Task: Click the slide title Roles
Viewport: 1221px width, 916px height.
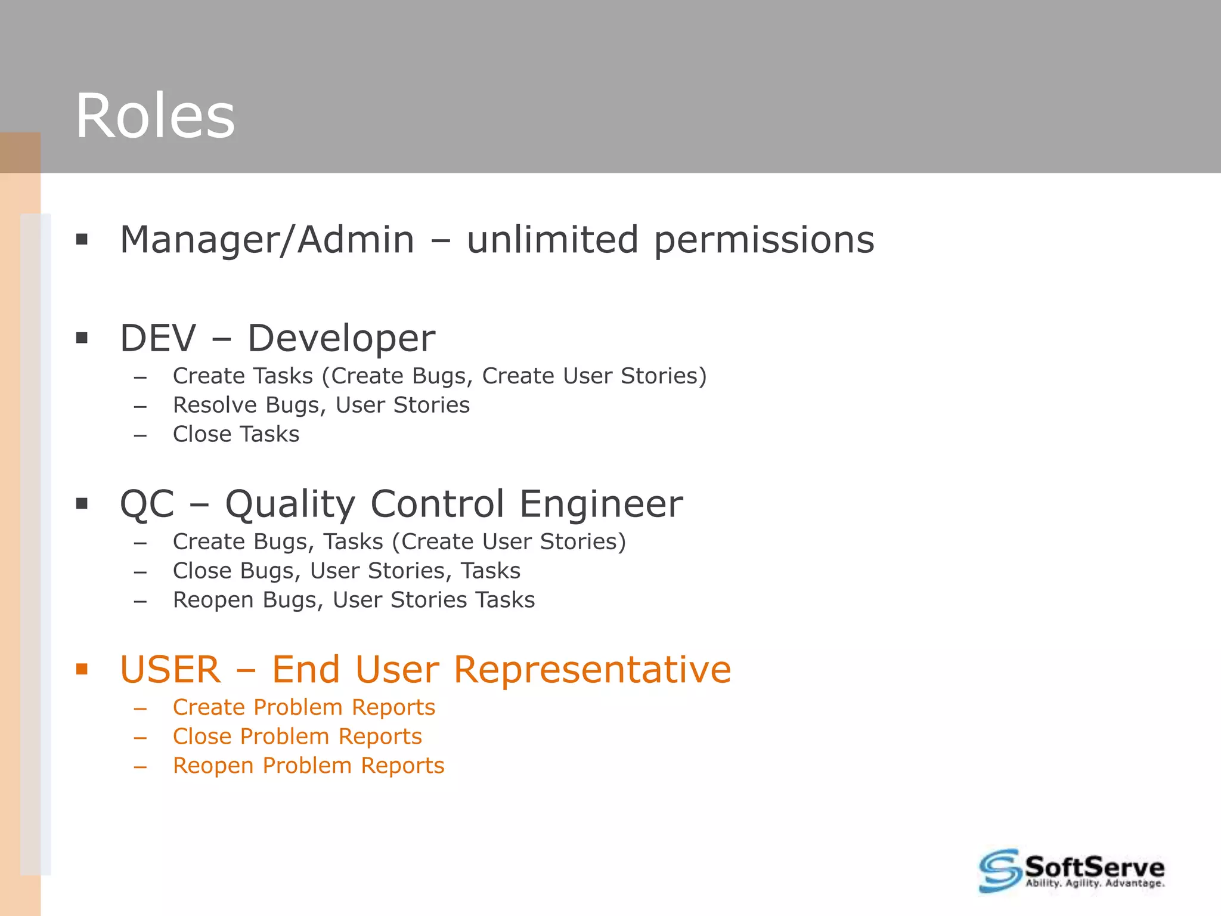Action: [x=155, y=116]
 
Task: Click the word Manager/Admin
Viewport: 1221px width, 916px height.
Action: [x=267, y=240]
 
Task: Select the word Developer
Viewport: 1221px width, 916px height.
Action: [x=341, y=339]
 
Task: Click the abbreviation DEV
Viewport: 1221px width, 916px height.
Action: [x=158, y=338]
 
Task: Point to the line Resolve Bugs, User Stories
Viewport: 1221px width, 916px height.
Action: [x=321, y=406]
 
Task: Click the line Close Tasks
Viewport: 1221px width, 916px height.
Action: [x=236, y=434]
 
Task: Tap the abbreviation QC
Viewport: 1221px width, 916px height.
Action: [x=147, y=504]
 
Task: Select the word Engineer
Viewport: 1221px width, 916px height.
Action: [x=601, y=505]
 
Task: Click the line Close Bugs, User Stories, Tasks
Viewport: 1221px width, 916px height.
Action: [x=346, y=571]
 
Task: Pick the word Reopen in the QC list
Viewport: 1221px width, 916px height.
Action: [x=213, y=600]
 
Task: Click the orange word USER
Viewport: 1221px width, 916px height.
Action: [x=170, y=670]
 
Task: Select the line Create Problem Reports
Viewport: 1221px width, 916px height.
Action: [x=304, y=707]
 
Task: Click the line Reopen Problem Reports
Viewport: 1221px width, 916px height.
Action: [x=308, y=766]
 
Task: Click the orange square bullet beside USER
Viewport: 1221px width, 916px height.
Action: [x=82, y=669]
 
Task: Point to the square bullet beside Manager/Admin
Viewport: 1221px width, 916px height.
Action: [x=82, y=240]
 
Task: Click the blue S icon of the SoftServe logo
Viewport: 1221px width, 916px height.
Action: [x=1000, y=871]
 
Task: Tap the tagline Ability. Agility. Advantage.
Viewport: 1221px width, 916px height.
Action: [x=1095, y=883]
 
